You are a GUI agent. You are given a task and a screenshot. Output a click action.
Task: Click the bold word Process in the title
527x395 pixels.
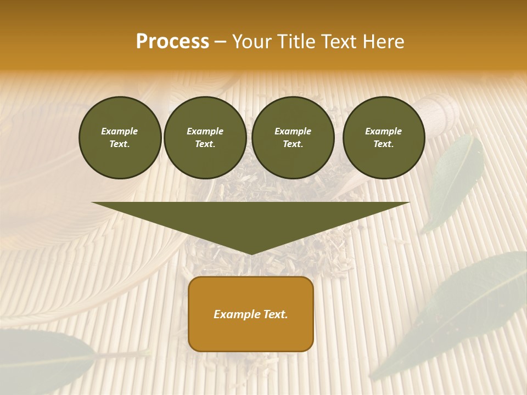tap(172, 42)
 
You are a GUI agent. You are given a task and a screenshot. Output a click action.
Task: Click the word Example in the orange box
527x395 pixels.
tap(236, 314)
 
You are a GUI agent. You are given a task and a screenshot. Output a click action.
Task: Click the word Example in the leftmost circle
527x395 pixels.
tap(120, 131)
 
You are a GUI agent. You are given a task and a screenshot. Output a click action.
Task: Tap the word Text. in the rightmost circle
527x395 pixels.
tap(384, 144)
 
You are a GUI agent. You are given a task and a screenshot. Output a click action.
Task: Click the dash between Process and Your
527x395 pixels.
tap(220, 42)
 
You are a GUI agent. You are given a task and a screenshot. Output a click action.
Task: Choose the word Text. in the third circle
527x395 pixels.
tap(293, 144)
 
